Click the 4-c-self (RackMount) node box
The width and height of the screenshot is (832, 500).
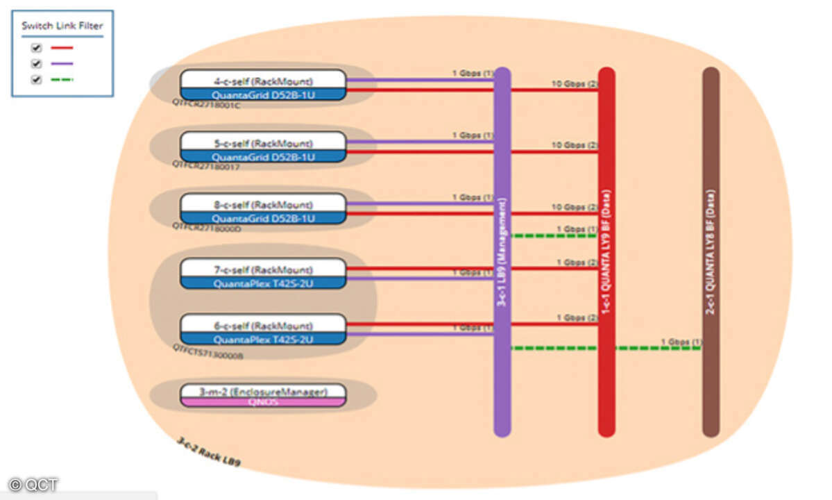coord(263,85)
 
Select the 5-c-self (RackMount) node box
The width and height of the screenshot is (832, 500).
coord(263,147)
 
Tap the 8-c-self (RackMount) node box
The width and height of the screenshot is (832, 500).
coord(263,208)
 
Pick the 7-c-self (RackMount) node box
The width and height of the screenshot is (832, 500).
coord(263,273)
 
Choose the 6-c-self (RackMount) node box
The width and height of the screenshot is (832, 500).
coord(263,329)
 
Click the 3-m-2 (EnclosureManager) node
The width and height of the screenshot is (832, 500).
coord(263,395)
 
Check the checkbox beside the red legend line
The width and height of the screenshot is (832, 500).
coord(37,49)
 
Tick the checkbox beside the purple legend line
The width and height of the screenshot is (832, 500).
coord(37,64)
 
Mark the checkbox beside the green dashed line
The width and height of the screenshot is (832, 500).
coord(37,79)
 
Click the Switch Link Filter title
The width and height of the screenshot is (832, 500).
coord(62,26)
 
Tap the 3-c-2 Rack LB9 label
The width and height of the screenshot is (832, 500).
coord(209,451)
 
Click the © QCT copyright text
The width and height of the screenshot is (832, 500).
coord(34,484)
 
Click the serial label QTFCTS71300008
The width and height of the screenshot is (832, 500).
coord(207,355)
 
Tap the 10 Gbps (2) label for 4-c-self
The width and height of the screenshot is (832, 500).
coord(574,84)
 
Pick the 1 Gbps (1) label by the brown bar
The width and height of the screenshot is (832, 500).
coord(681,342)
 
